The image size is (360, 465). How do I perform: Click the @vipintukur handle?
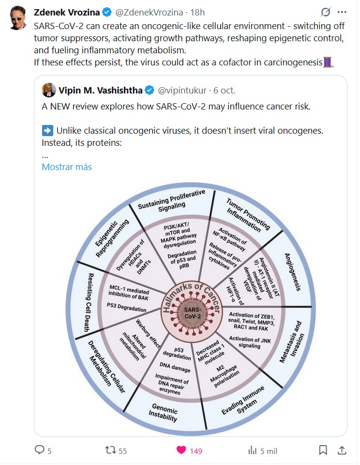pyautogui.click(x=183, y=90)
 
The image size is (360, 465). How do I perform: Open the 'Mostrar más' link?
pyautogui.click(x=67, y=167)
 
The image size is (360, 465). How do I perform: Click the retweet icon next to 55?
pyautogui.click(x=111, y=450)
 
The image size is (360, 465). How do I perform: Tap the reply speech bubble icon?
pyautogui.click(x=40, y=450)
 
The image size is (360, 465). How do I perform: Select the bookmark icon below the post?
pyautogui.click(x=323, y=450)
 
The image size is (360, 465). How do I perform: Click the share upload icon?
pyautogui.click(x=341, y=450)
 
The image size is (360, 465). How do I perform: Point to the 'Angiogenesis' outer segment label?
pyautogui.click(x=292, y=271)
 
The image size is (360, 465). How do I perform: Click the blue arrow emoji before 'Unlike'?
pyautogui.click(x=47, y=131)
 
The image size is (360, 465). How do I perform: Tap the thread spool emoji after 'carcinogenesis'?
pyautogui.click(x=328, y=62)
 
